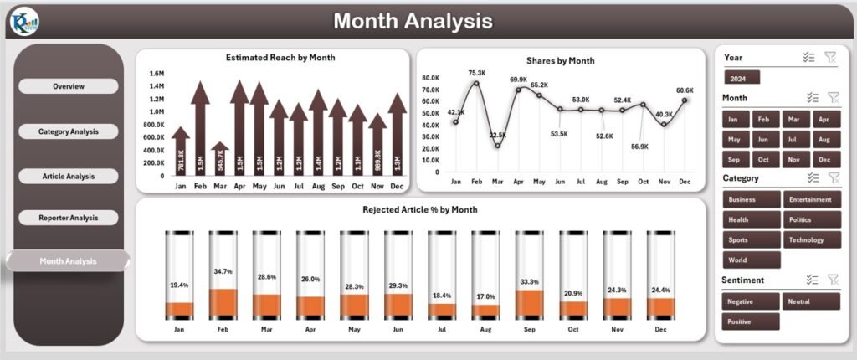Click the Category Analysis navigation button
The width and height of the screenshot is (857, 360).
68,131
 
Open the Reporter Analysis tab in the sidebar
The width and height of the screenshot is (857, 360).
68,218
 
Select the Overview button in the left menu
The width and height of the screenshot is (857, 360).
68,86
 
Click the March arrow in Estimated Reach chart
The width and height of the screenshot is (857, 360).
219,158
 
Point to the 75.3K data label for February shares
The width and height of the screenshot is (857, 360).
477,73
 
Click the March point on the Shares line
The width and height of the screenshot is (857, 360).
497,146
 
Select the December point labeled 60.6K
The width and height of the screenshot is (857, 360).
685,100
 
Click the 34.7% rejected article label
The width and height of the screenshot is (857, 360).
223,272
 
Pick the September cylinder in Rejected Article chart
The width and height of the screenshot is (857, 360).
529,275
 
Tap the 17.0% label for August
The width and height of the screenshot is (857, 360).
485,296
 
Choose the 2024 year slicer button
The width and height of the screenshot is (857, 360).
742,78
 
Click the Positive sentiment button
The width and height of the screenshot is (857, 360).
750,321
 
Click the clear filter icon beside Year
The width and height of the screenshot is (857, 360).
830,57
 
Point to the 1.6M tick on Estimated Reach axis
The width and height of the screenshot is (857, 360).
157,74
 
